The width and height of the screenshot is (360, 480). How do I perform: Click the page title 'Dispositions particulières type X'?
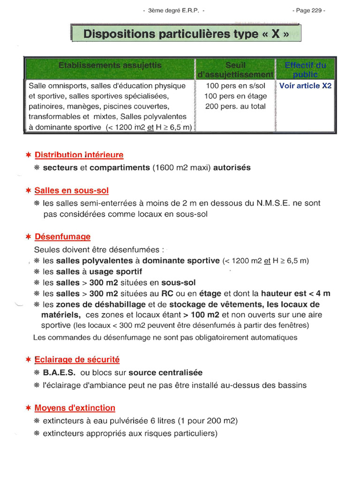coord(186,34)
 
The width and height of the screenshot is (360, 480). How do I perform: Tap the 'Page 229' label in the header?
coord(308,10)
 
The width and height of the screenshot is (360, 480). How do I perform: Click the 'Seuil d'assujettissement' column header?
coord(235,70)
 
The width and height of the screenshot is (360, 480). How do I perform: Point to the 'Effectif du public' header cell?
coord(305,70)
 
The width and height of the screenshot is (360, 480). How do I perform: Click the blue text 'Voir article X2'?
coord(305,86)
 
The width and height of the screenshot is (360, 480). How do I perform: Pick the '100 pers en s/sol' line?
coord(235,86)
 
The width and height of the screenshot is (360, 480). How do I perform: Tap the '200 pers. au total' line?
coord(235,106)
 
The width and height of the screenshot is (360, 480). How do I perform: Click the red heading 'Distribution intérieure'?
coord(79,155)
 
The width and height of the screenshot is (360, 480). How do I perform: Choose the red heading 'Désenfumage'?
coord(63,237)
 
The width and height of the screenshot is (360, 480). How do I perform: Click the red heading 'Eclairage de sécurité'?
coord(77,360)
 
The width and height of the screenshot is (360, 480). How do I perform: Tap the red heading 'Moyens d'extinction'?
coord(75,408)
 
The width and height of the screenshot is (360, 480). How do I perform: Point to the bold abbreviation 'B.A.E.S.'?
coord(59,373)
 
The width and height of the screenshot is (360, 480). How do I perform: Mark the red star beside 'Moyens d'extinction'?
coord(29,408)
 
